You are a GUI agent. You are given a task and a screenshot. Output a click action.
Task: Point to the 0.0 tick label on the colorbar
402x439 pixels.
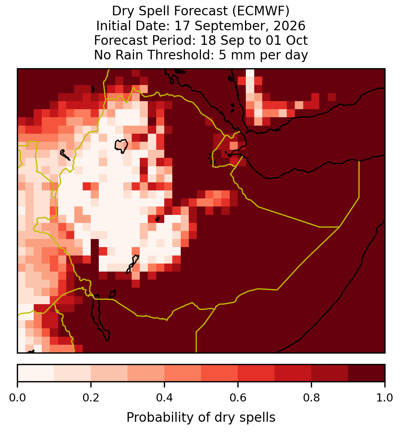(17, 398)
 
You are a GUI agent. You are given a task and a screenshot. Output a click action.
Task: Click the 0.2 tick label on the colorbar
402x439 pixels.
(91, 398)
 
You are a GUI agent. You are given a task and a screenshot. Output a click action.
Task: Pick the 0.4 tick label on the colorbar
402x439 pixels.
(165, 398)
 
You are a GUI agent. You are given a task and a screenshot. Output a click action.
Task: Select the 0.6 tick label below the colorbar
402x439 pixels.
(238, 398)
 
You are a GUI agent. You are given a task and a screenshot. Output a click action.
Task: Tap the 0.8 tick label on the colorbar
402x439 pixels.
(311, 398)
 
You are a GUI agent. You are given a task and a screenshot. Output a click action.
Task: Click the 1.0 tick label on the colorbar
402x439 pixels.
(385, 398)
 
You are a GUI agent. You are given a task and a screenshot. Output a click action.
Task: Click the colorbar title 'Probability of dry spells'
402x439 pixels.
(201, 418)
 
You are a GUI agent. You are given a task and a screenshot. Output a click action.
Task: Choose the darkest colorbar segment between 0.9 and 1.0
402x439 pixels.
(366, 373)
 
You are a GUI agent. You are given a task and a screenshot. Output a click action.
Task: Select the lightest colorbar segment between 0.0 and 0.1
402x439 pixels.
(36, 373)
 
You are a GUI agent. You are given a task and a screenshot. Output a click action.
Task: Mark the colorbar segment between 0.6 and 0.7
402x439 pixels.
(256, 373)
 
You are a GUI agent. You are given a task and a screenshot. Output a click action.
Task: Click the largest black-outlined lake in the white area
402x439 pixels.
(121, 146)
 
